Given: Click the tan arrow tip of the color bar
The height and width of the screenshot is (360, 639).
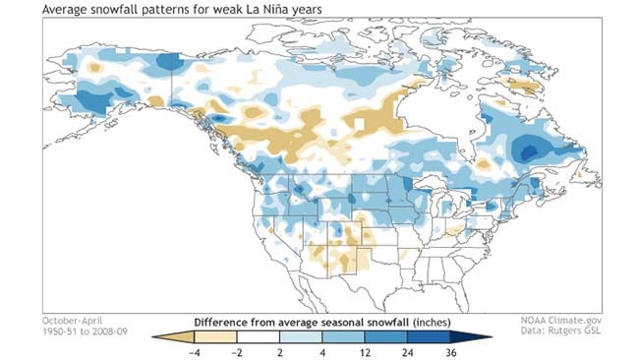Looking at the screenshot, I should tap(157, 335).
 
